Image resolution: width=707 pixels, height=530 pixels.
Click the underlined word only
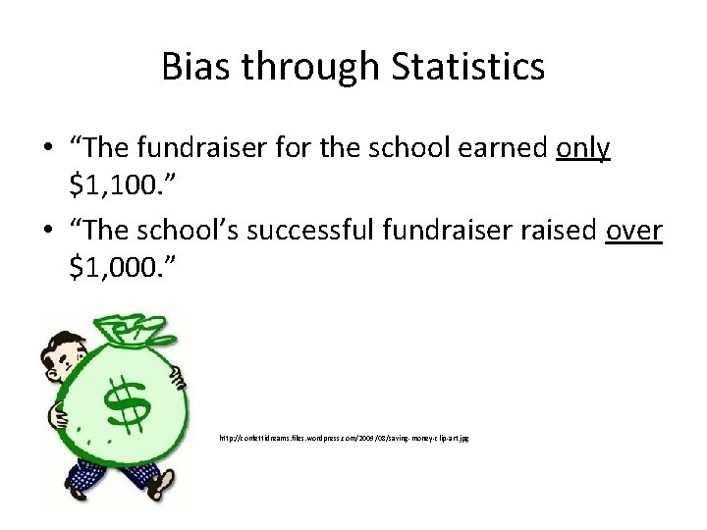click(583, 148)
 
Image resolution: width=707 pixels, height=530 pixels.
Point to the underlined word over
click(634, 230)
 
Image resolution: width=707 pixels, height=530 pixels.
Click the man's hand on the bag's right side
click(181, 377)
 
